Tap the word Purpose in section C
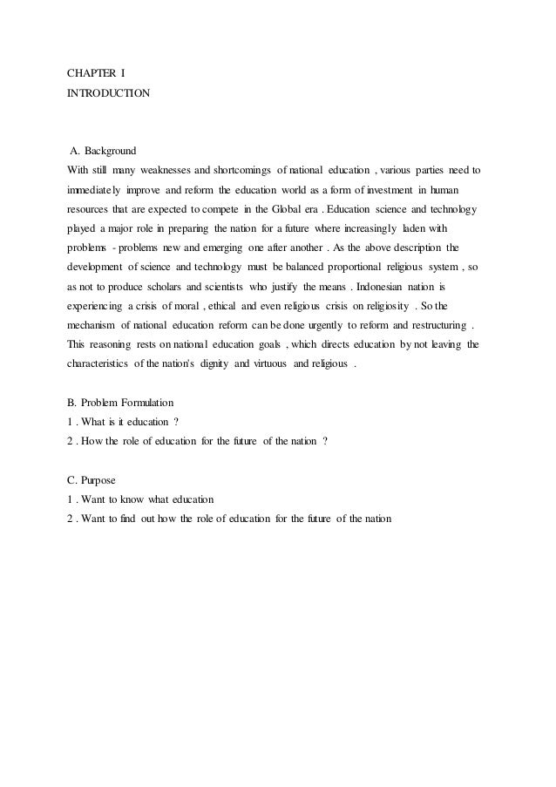pyautogui.click(x=100, y=479)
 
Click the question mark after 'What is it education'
pyautogui.click(x=176, y=423)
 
